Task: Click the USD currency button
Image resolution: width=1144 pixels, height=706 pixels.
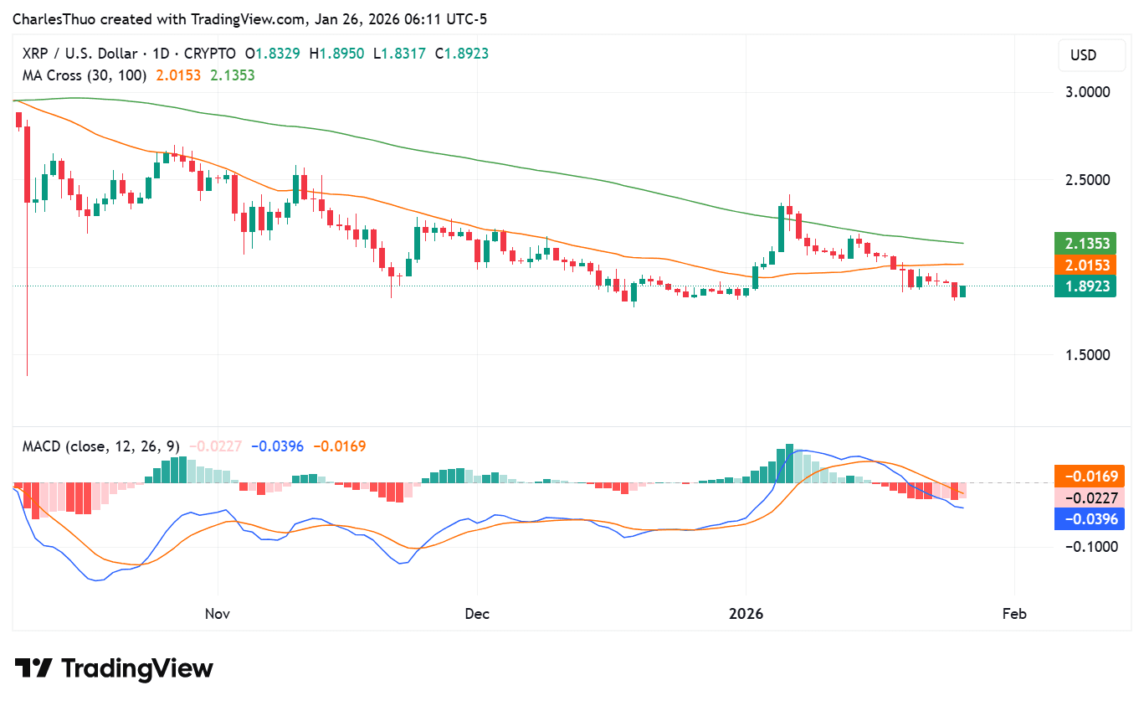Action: [1084, 56]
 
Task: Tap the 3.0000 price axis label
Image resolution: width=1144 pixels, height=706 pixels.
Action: [1087, 91]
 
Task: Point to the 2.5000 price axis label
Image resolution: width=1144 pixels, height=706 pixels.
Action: [1087, 179]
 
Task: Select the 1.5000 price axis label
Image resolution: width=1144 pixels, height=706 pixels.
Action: [1087, 354]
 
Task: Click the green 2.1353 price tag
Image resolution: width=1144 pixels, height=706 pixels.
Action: [1087, 244]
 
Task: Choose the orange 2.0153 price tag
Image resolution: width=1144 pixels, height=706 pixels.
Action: [1087, 265]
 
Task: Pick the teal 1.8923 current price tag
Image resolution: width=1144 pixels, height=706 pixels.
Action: [1087, 287]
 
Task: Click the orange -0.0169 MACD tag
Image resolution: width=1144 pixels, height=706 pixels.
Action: [1090, 477]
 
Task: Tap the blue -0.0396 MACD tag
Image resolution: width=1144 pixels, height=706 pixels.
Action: [1090, 519]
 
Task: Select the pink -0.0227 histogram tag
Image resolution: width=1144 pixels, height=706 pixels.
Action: [1090, 497]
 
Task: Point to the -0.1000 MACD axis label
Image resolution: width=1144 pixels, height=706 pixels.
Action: [1090, 546]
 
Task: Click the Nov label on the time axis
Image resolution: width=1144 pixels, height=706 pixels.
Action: [217, 614]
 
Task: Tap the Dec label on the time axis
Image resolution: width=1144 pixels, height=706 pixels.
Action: [477, 614]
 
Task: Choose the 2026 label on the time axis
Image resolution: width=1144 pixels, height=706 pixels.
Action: [746, 614]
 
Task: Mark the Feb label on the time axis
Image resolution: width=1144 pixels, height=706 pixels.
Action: [1014, 614]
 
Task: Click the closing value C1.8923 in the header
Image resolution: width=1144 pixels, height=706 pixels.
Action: [462, 54]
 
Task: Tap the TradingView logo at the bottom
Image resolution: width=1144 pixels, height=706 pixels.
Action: [114, 668]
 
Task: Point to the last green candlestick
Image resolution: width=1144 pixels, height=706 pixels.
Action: [962, 291]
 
